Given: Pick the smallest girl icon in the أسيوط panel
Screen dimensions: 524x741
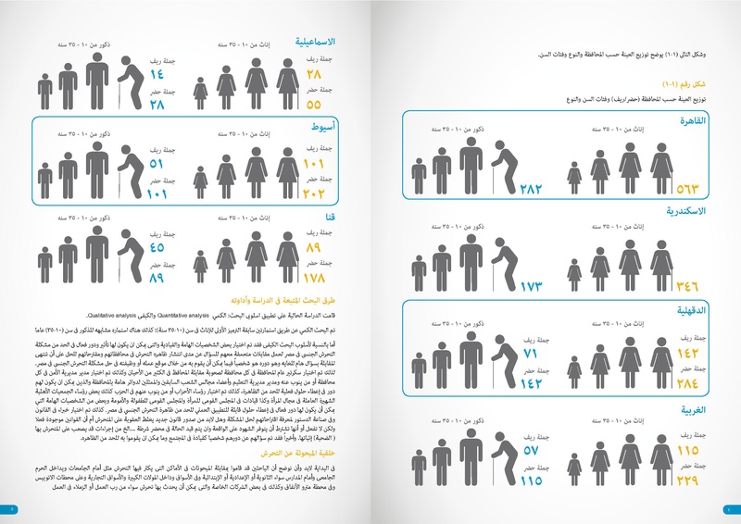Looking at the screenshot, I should coord(200,181).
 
